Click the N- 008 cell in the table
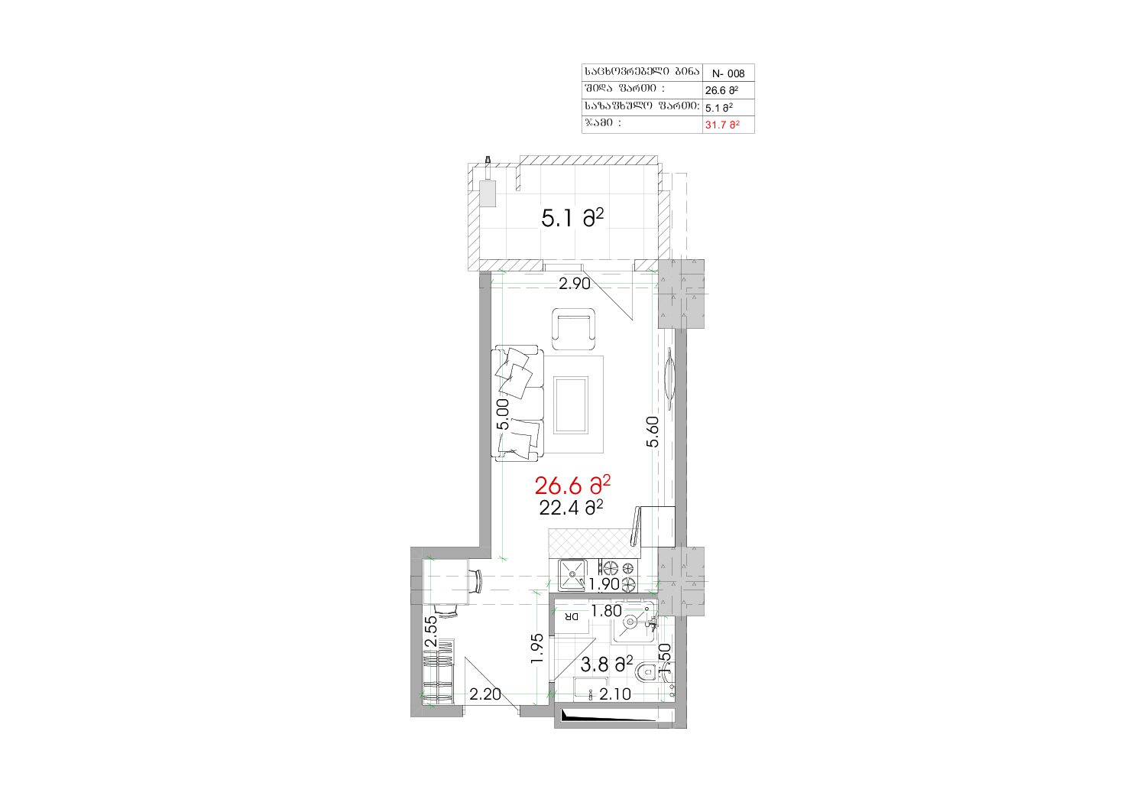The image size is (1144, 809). (x=728, y=73)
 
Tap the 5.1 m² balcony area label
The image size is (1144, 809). (x=572, y=219)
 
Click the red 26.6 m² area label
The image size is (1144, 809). (x=572, y=485)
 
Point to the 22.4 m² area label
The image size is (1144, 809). (x=571, y=508)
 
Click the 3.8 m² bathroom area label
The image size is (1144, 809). (x=607, y=664)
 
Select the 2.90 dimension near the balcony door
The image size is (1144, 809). (x=575, y=284)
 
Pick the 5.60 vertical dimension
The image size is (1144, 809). (x=652, y=432)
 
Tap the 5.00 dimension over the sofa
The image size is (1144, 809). (x=503, y=414)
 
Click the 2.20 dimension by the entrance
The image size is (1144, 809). (x=485, y=694)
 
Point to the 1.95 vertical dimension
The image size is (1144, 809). (x=536, y=649)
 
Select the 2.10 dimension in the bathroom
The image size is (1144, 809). (x=615, y=694)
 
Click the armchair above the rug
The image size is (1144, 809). (x=574, y=329)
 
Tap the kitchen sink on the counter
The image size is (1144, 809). (x=572, y=575)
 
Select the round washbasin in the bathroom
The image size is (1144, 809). (x=631, y=622)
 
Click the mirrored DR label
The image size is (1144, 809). (x=572, y=617)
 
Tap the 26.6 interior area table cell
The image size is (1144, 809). (x=721, y=90)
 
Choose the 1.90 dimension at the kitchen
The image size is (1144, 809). (x=604, y=584)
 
